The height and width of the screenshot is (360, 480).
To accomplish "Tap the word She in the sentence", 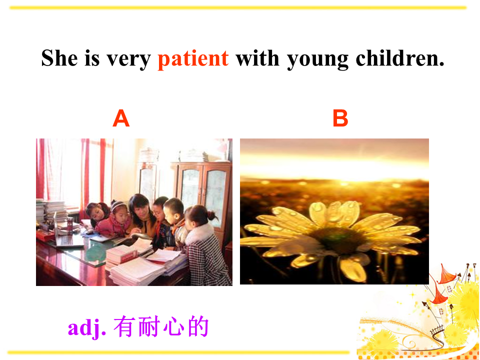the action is click(x=59, y=57).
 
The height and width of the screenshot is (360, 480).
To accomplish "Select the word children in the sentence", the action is click(x=400, y=57).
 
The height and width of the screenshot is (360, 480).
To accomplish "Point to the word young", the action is click(x=318, y=60).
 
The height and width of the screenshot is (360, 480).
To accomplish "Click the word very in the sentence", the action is click(x=129, y=60).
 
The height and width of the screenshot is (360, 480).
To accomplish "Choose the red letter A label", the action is click(x=121, y=118).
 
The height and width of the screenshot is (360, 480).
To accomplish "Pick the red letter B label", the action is click(x=340, y=118).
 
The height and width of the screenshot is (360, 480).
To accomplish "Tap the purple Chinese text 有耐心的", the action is click(x=161, y=326).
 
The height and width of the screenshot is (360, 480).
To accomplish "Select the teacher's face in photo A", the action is click(x=139, y=210).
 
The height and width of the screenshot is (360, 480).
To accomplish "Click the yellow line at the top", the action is click(x=238, y=7).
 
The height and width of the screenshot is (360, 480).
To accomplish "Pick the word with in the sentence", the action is click(x=257, y=57).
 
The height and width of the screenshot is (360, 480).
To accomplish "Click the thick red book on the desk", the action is click(x=121, y=254).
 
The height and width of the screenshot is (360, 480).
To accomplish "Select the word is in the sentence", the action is click(x=92, y=57).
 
